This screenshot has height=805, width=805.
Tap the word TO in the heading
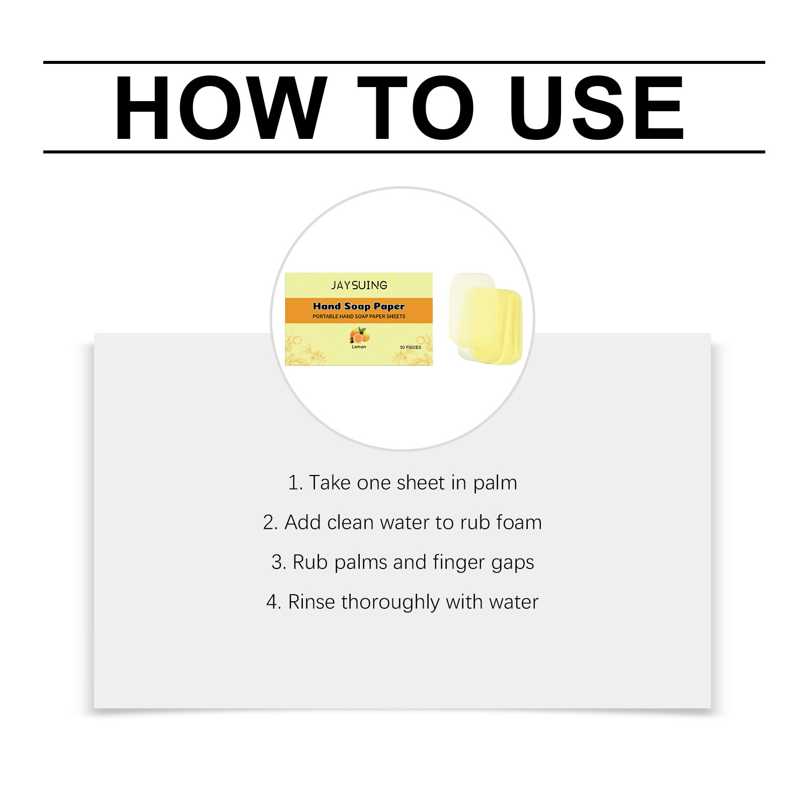416,108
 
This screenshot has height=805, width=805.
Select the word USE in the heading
596,108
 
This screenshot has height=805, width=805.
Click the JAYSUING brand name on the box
359,285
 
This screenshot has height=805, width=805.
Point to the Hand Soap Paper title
359,306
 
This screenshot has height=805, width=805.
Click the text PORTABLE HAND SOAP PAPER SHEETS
359,316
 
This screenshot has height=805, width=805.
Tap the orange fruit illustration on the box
359,335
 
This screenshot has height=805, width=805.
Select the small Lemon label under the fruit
359,347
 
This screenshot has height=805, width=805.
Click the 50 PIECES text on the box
411,347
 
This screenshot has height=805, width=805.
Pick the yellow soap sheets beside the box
493,326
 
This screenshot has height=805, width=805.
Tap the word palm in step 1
495,483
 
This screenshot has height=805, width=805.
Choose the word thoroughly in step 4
390,602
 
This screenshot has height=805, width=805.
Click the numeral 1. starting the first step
295,483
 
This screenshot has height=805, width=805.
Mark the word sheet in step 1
421,482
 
